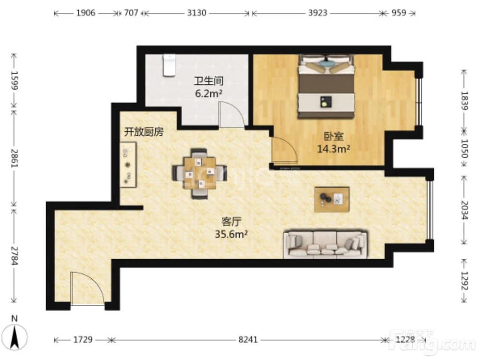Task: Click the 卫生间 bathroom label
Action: (x=209, y=81)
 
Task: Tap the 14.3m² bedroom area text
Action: (x=334, y=149)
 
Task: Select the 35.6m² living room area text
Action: (x=231, y=234)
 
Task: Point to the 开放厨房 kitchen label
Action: (x=144, y=132)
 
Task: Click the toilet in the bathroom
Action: (x=169, y=65)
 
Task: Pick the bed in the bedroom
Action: (x=326, y=86)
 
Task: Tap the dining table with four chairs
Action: (x=199, y=173)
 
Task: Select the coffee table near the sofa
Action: (x=332, y=199)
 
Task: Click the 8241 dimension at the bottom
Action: (x=248, y=340)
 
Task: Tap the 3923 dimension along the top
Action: (x=317, y=13)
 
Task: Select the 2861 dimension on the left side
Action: (x=14, y=158)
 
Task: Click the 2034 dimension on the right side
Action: (x=464, y=210)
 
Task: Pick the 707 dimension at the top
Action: (x=131, y=13)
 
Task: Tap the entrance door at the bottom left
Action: (x=87, y=288)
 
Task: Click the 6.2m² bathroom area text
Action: (x=209, y=94)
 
